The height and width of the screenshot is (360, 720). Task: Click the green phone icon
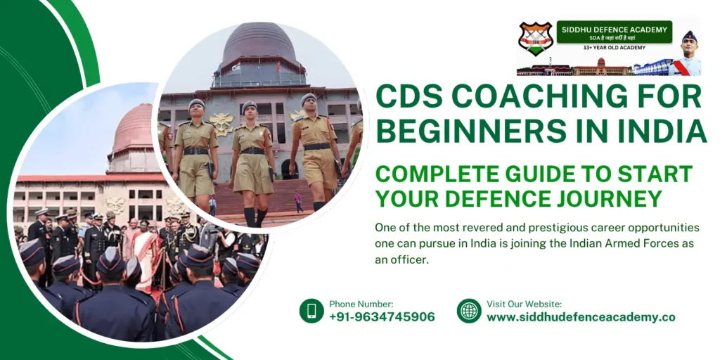tap(311, 310)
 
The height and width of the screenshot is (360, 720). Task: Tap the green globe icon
tap(469, 310)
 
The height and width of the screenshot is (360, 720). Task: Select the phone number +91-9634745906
tap(382, 317)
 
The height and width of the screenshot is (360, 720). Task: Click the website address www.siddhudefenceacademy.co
tap(581, 317)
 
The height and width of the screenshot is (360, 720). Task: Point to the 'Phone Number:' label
tap(361, 304)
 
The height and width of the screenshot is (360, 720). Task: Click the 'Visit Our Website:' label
tap(524, 304)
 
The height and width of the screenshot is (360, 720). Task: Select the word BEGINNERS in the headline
tap(458, 131)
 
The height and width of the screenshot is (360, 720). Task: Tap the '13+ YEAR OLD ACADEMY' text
tap(614, 48)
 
